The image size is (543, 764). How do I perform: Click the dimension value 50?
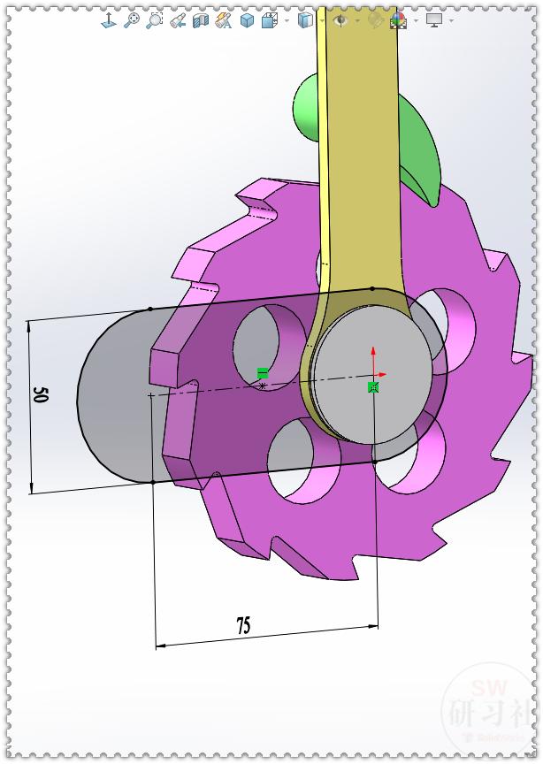pos(40,394)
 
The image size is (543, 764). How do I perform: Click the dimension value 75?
pos(243,626)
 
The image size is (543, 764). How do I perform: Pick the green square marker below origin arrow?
pos(373,387)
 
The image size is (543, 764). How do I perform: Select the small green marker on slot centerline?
pos(262,373)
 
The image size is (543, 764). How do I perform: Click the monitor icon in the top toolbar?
pos(433,19)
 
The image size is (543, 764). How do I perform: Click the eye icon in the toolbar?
pos(340,19)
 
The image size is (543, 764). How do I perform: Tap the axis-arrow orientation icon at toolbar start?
pos(110,19)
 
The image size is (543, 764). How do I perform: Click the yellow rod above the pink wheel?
pos(358,133)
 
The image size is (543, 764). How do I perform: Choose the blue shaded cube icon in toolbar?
pos(247,19)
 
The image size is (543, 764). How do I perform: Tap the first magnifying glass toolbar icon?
pos(132,19)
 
